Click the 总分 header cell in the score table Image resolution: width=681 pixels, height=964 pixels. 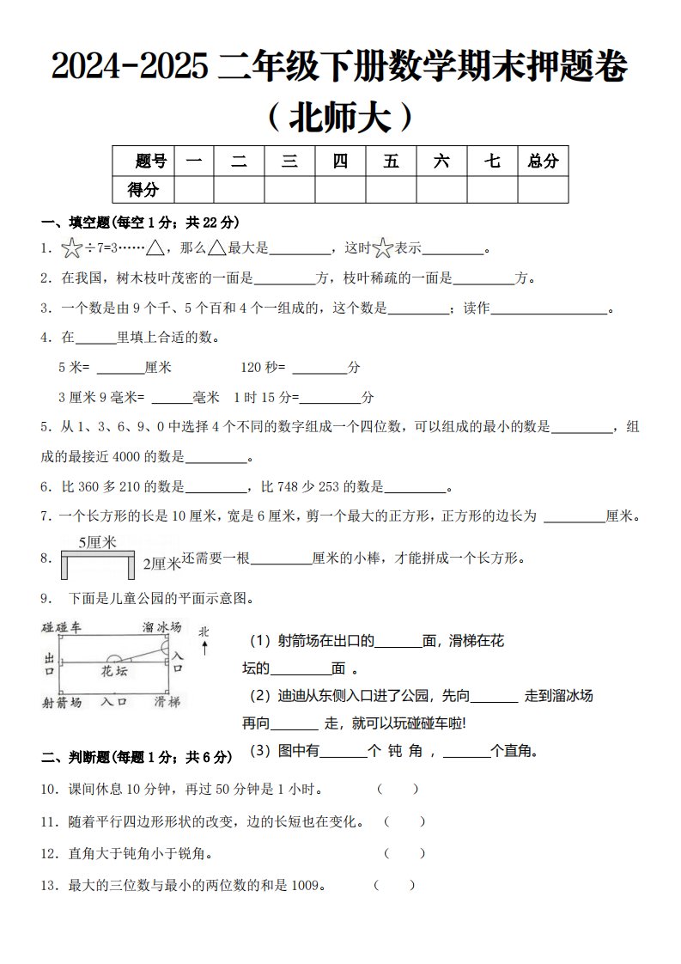543,161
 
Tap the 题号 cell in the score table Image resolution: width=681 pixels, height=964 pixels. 151,161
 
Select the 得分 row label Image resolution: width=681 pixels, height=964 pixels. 143,189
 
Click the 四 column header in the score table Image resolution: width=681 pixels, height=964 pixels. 340,161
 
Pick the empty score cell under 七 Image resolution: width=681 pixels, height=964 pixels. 492,189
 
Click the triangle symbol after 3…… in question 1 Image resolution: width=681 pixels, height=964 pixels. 155,249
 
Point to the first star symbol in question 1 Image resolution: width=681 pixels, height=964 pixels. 71,250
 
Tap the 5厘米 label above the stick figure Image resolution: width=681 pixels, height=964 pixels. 97,542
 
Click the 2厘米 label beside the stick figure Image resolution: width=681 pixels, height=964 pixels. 161,564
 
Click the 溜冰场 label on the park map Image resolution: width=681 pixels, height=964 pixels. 161,628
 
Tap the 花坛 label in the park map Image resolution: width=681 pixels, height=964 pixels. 114,670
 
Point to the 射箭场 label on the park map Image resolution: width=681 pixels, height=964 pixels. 62,702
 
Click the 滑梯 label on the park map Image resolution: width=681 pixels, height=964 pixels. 167,702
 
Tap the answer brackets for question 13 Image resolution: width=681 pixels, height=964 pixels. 394,885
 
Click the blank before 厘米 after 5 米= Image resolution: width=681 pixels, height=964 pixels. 120,368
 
